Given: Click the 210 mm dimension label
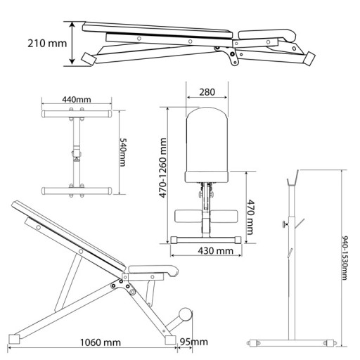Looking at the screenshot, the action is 47,44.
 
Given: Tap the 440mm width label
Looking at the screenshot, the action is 77,100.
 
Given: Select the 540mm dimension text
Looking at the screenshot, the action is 123,153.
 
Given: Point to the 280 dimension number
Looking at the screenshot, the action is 207,92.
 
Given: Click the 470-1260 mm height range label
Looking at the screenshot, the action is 162,168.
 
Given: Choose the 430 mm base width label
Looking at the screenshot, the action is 216,251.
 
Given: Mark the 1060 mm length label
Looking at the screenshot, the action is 101,342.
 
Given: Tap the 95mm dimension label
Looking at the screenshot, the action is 193,342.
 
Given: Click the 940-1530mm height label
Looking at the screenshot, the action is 344,258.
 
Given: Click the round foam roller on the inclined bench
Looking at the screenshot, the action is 186,315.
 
